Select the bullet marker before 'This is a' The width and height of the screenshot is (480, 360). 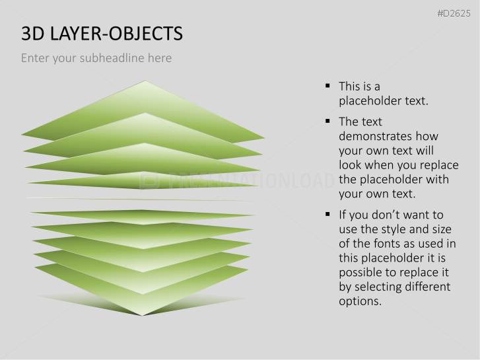[327, 86]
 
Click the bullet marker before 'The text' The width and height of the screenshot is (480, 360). [327, 122]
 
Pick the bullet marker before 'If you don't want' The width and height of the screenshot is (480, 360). [327, 215]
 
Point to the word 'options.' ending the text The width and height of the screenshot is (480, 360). [360, 301]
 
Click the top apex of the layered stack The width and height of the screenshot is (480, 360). [145, 82]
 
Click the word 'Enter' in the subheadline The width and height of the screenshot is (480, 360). [35, 58]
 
